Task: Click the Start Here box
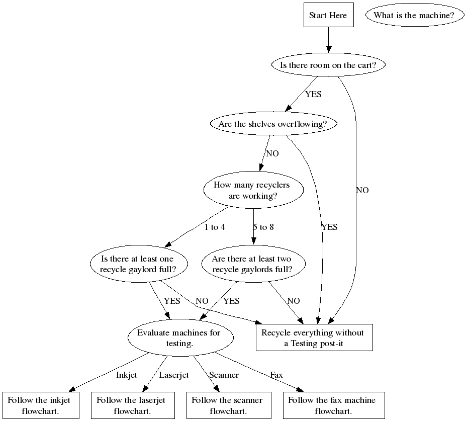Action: pos(328,15)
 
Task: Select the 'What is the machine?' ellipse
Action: pos(414,15)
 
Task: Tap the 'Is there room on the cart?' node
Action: pos(328,65)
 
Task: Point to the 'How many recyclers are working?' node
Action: pos(253,190)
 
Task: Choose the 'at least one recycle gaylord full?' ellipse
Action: pos(138,264)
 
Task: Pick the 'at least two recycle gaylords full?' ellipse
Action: pos(251,264)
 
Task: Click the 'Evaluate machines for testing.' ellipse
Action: pos(179,338)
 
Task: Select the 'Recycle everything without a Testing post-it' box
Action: pos(314,338)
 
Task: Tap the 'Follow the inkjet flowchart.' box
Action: pos(41,405)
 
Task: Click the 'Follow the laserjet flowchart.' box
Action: pos(131,405)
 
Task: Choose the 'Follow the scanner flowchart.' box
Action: pos(227,405)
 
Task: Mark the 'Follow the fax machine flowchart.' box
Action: pos(332,405)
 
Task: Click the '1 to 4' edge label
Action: pos(215,227)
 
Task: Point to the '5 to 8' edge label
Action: pos(263,227)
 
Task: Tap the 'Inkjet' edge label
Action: pos(127,375)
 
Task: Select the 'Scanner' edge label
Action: pos(224,375)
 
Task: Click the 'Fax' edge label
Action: pos(276,375)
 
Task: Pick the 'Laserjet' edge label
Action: pos(173,375)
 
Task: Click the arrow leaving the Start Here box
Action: pos(328,39)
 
